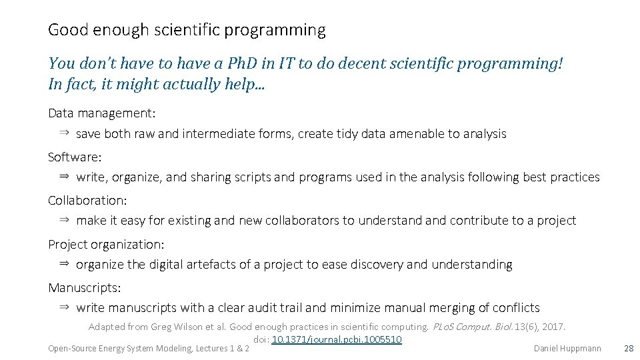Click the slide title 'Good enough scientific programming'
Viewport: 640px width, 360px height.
187,30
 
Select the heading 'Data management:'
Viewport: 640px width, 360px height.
101,113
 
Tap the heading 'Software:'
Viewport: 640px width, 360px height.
75,157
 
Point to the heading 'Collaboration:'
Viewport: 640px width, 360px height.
87,200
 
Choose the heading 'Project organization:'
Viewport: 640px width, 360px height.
106,244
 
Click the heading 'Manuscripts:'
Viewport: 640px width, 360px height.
84,287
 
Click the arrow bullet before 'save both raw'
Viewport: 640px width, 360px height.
64,133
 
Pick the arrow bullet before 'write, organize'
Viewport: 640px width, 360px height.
64,177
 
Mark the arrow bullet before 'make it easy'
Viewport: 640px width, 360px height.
64,220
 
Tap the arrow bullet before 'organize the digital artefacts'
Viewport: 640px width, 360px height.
64,264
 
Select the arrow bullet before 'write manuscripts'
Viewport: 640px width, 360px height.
64,307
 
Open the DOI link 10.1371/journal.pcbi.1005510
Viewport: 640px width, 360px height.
337,339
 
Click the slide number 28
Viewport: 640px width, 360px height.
628,348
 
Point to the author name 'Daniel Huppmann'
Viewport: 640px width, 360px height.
567,348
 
